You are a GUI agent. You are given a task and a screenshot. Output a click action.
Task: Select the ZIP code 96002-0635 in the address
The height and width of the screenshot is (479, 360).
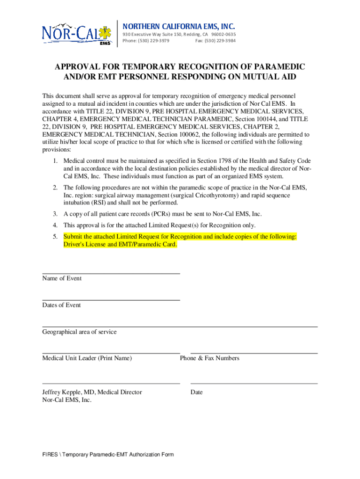(x=223, y=35)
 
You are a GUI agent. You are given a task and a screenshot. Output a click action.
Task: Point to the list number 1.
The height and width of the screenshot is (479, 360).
(x=55, y=161)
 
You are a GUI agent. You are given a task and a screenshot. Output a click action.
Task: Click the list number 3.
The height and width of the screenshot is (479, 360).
(x=55, y=214)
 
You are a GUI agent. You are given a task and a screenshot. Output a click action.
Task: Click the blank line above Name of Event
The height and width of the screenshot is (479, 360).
(x=111, y=273)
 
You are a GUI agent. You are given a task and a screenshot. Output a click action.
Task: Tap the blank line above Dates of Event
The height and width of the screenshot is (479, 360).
(x=111, y=300)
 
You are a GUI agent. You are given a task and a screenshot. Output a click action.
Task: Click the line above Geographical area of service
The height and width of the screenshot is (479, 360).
(x=180, y=327)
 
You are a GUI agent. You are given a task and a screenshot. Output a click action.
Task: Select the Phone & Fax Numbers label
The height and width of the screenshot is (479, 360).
(x=209, y=358)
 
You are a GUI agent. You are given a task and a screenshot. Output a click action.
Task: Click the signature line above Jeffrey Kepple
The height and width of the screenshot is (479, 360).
(x=111, y=384)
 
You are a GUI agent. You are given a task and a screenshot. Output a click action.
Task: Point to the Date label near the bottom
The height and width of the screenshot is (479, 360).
(x=196, y=392)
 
